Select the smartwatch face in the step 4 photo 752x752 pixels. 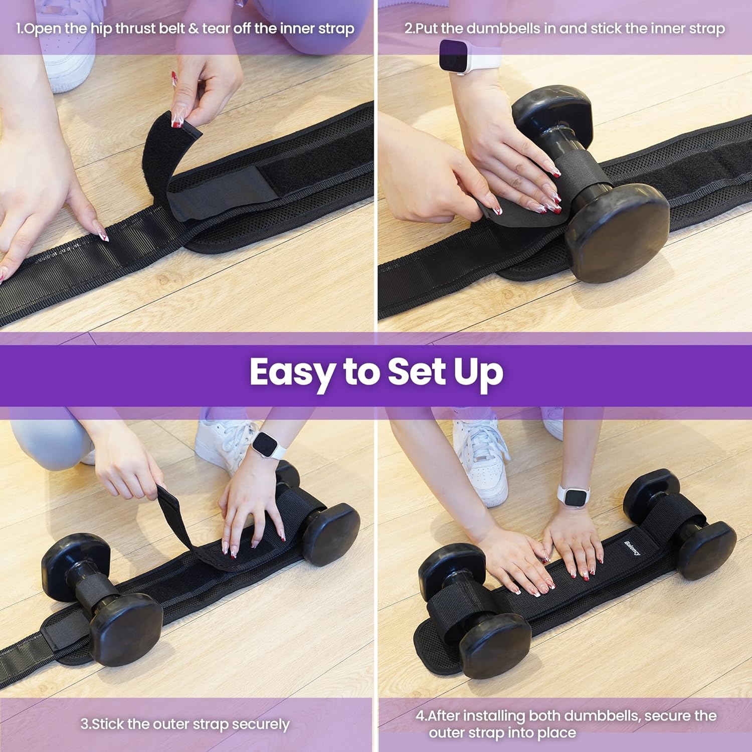(574, 497)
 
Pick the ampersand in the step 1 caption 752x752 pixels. (194, 29)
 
